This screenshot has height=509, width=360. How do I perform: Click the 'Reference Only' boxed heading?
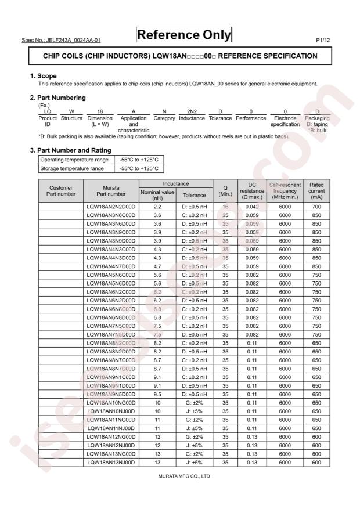click(183, 35)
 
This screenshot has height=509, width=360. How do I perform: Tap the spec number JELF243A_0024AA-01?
click(61, 41)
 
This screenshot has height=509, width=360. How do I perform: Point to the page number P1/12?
click(323, 41)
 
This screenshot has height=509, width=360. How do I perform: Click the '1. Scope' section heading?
click(43, 76)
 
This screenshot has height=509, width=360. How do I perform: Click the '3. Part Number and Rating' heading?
click(70, 150)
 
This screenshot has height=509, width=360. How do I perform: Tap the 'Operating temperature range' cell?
click(74, 160)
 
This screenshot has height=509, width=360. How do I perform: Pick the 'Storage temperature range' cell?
click(71, 169)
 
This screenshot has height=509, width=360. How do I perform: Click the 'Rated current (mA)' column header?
click(316, 190)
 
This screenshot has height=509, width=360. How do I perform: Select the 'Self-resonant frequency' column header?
click(285, 190)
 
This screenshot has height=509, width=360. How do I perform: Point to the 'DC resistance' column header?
click(251, 190)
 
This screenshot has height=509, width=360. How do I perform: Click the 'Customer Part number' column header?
click(62, 191)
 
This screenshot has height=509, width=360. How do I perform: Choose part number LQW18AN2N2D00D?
click(111, 207)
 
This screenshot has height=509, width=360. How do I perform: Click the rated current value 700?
click(316, 207)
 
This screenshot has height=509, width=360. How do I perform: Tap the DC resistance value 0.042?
click(251, 207)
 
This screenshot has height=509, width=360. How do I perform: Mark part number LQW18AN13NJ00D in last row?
click(111, 463)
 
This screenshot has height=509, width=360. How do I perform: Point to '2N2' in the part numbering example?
click(192, 111)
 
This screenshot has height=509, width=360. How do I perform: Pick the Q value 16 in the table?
click(225, 207)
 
